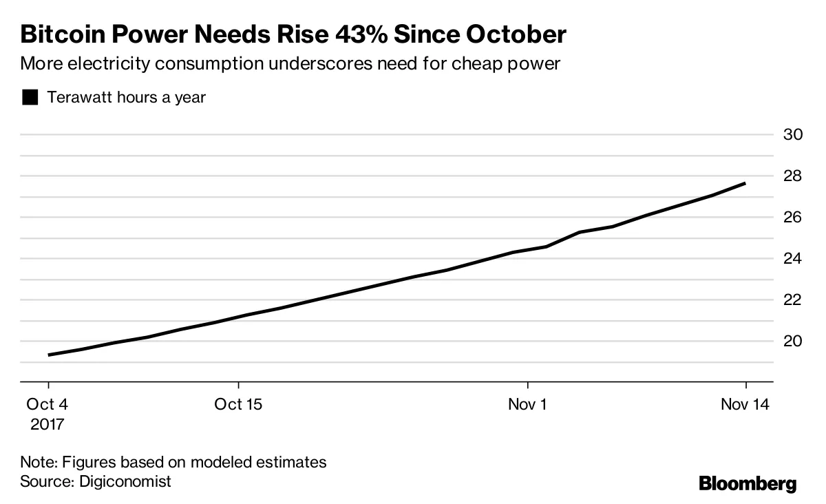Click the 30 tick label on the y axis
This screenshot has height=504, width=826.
point(793,134)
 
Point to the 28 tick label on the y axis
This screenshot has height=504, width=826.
point(793,176)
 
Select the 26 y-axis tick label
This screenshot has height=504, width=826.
point(793,217)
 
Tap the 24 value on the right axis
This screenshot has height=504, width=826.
point(793,258)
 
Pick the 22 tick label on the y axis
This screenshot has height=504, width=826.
point(793,300)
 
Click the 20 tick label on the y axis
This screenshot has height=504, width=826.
point(793,341)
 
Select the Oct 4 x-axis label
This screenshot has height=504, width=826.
point(47,404)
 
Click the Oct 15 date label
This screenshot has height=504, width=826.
point(238,404)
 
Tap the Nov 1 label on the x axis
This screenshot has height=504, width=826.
point(527,404)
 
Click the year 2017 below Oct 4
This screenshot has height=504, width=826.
point(47,423)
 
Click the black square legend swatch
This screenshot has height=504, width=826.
point(30,98)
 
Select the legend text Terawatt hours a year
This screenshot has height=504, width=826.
point(126,97)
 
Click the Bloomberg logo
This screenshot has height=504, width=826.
point(748,483)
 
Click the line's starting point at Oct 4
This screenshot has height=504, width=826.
point(48,355)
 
